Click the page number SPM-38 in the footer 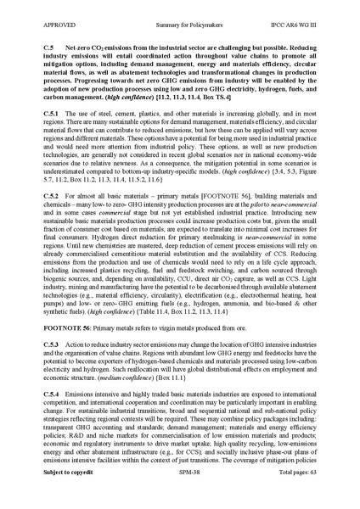click(x=179, y=493)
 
